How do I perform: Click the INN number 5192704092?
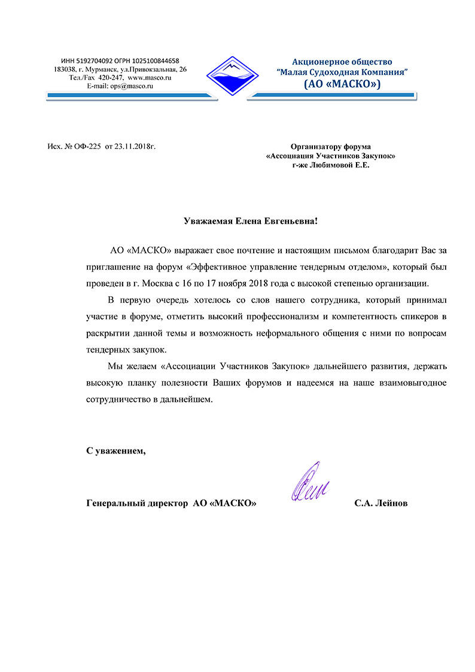tap(89, 61)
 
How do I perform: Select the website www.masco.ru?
tap(150, 78)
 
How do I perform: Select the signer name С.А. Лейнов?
tap(380, 504)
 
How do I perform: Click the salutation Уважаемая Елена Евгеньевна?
tap(251, 221)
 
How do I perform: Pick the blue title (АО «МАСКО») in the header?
tap(342, 84)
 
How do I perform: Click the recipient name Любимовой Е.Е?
tap(342, 165)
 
